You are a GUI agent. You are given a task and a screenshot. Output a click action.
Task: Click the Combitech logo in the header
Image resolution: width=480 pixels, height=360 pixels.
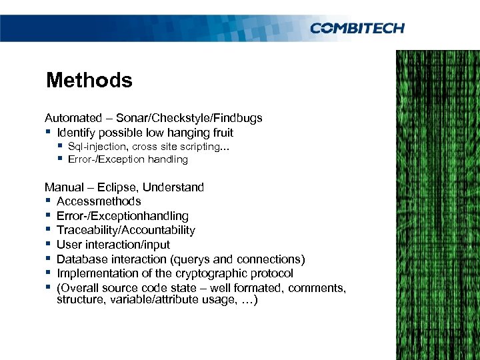(357, 27)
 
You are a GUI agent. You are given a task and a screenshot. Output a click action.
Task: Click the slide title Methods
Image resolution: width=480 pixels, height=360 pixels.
(89, 81)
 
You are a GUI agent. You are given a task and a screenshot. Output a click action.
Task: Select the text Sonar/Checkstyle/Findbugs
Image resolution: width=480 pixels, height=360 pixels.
(189, 118)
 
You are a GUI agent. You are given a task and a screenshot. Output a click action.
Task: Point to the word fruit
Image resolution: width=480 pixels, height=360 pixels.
(221, 133)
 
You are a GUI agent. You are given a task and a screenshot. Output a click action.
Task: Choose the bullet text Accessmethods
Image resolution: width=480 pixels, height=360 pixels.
(99, 201)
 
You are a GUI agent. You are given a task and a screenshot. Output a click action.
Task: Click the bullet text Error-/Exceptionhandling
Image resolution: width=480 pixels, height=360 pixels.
(123, 216)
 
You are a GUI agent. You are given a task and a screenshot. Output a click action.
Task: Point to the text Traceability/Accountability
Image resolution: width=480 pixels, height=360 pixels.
(126, 230)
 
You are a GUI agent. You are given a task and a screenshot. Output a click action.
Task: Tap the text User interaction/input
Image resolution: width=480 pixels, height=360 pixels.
(113, 245)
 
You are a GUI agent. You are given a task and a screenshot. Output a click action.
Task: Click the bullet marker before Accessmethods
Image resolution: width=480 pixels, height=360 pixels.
(49, 201)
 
